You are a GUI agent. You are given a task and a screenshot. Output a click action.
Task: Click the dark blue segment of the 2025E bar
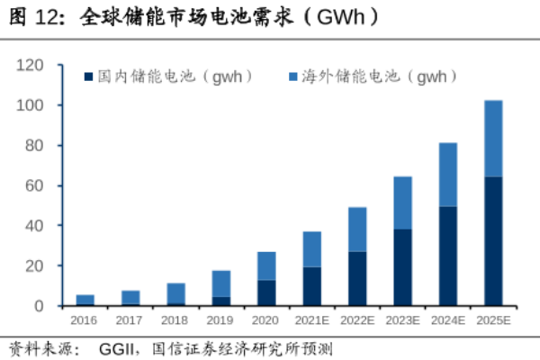click(x=493, y=241)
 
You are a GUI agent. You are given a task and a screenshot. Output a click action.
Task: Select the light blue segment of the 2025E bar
click(x=493, y=139)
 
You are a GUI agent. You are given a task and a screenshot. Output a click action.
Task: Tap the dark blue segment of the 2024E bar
click(x=447, y=256)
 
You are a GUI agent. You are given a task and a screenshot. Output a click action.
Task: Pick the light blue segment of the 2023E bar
click(x=402, y=202)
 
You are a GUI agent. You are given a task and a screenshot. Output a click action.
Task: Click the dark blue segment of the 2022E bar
click(x=357, y=278)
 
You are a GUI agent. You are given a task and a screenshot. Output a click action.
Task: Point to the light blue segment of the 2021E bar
click(x=311, y=249)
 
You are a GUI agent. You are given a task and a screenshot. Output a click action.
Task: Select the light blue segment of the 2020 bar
click(x=266, y=265)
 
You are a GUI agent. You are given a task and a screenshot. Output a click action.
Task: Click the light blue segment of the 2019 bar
click(x=221, y=283)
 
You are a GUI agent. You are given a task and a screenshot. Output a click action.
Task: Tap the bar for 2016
click(x=85, y=300)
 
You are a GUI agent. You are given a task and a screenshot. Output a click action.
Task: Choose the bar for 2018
click(x=175, y=293)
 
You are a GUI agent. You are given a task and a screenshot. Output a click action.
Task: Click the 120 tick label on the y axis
click(x=31, y=65)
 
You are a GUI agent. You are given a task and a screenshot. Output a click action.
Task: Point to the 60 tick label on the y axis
click(x=34, y=185)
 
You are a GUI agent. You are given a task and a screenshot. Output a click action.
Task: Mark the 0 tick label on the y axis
click(x=39, y=306)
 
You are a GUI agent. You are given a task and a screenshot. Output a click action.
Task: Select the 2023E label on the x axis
click(x=402, y=320)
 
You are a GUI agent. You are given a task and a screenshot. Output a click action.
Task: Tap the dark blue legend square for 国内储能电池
click(x=89, y=78)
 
